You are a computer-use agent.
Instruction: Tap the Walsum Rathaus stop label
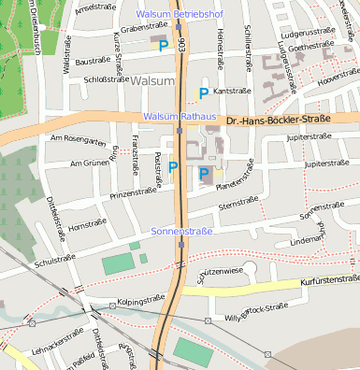click(x=180, y=116)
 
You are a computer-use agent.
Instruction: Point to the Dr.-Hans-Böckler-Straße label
click(x=279, y=121)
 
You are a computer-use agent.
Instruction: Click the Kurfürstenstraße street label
click(x=330, y=279)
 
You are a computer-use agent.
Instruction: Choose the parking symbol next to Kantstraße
click(x=204, y=92)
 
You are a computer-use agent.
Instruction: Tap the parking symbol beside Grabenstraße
click(x=164, y=45)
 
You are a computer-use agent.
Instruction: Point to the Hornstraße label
click(x=87, y=225)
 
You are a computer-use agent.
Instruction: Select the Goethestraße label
click(x=312, y=47)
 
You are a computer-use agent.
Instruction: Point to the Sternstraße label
click(x=238, y=202)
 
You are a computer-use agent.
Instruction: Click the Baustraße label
click(x=93, y=61)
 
